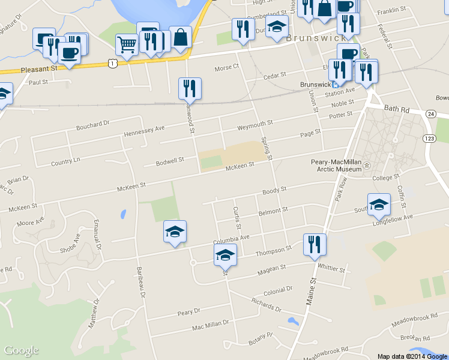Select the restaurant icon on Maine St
pos(315,245)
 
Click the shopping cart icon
pos(127,44)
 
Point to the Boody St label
pos(274,190)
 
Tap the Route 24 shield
pos(430,113)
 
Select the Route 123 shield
pos(429,139)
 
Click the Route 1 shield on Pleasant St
pos(112,62)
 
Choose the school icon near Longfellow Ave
pos(378,205)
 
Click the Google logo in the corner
pos(21,350)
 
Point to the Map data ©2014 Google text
pos(412,356)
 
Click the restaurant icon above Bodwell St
pos(190,89)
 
